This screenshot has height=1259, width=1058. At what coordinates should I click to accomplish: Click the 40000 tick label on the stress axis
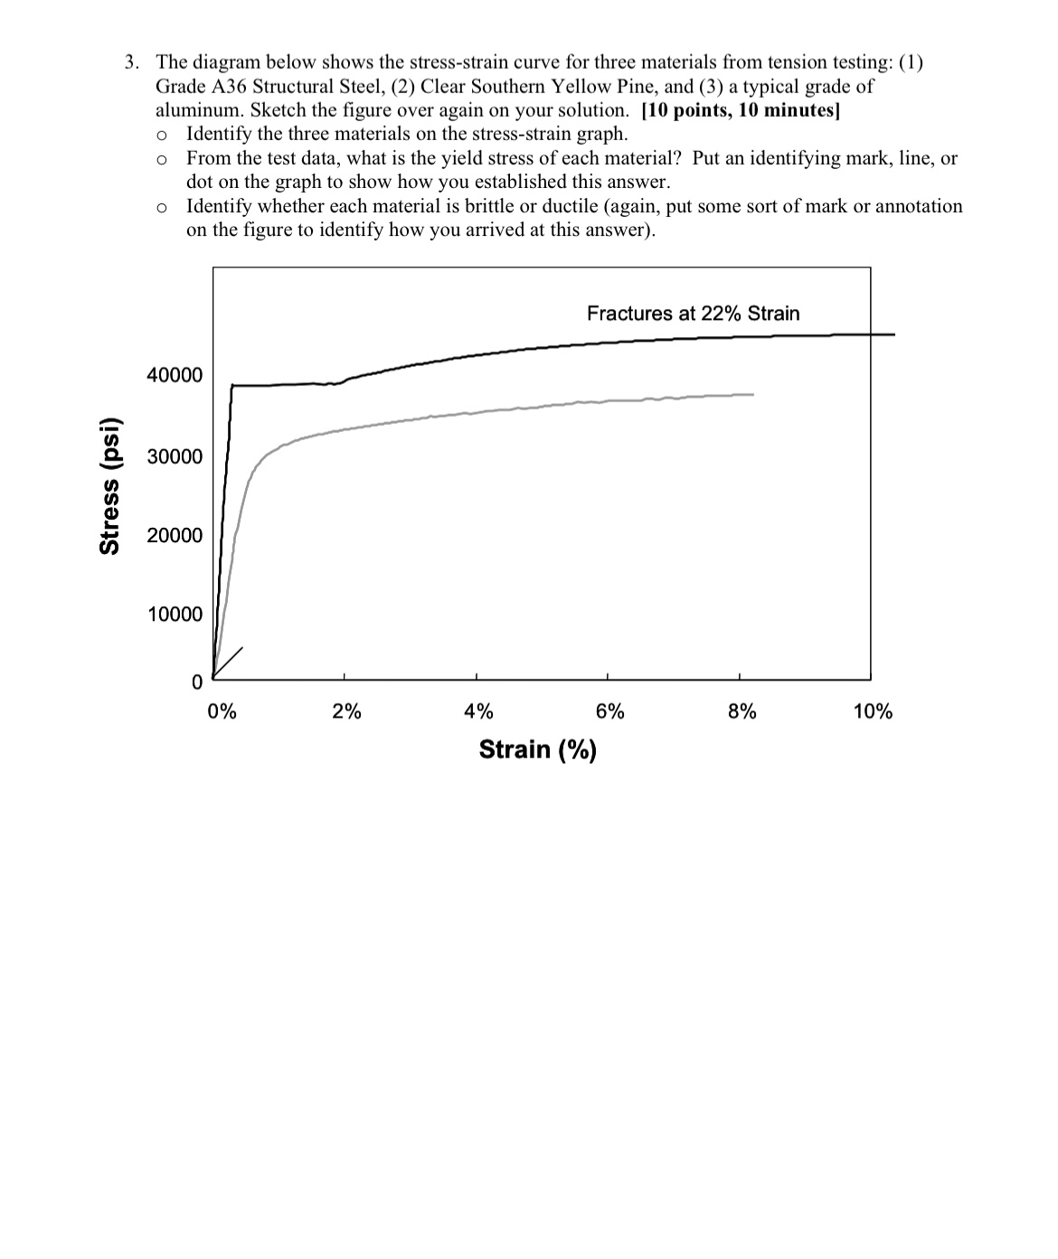click(175, 375)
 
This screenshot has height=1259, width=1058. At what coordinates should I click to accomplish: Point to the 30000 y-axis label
click(175, 456)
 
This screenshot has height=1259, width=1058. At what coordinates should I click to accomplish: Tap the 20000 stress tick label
click(175, 536)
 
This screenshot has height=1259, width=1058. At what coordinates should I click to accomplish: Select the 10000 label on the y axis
click(175, 615)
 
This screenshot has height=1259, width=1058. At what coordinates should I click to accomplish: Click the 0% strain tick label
click(222, 711)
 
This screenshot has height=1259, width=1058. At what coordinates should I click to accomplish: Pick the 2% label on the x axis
click(346, 711)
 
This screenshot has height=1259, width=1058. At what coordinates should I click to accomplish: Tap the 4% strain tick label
click(478, 711)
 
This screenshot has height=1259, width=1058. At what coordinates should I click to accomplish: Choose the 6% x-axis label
click(610, 711)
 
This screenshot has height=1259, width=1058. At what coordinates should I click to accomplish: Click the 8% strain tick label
click(742, 711)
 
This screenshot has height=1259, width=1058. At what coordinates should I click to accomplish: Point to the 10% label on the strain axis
click(873, 711)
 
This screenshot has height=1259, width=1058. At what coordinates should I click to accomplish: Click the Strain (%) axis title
click(537, 749)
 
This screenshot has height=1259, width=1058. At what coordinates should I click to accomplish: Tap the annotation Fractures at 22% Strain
click(693, 314)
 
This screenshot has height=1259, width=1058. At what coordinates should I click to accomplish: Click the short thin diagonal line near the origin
click(229, 661)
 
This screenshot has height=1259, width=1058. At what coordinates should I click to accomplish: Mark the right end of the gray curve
click(752, 394)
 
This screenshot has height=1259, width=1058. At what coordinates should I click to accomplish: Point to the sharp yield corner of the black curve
click(232, 385)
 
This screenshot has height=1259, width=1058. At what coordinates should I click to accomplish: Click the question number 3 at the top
click(131, 62)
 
